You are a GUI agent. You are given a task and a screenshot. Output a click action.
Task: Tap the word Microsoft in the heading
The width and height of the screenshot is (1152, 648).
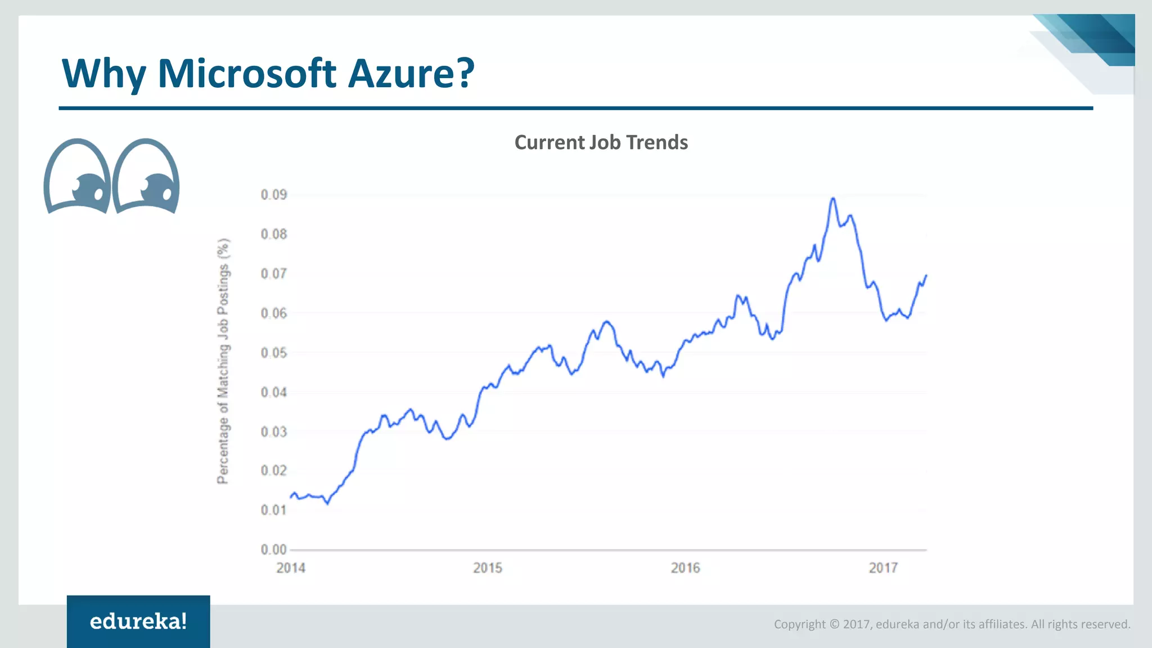(x=247, y=73)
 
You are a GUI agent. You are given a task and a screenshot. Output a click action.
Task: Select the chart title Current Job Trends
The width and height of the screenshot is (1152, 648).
(x=601, y=142)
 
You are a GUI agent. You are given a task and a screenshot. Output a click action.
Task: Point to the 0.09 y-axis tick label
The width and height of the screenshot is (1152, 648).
(x=273, y=195)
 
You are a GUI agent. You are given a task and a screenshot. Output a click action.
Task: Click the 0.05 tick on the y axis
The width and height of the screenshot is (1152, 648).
(x=273, y=353)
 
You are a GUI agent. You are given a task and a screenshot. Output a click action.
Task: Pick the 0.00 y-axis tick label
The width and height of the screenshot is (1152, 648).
(x=273, y=550)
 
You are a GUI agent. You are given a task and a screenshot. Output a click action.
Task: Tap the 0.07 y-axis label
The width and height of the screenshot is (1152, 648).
(x=273, y=274)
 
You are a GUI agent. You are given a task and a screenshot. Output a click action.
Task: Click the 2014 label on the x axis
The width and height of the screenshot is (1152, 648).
(x=291, y=568)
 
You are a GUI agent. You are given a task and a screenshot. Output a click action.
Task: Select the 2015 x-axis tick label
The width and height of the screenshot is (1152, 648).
(x=488, y=568)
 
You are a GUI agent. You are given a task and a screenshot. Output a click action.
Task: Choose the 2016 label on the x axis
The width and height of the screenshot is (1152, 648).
(x=685, y=568)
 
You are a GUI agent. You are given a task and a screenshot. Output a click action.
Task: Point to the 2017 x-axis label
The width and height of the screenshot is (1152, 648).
(x=883, y=568)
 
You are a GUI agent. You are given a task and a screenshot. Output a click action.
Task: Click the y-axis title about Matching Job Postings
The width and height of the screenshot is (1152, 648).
(x=223, y=361)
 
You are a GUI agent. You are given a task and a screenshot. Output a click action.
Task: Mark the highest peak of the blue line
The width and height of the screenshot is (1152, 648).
(x=833, y=199)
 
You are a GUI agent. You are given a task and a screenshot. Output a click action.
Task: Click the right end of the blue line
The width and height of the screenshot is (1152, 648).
(x=926, y=276)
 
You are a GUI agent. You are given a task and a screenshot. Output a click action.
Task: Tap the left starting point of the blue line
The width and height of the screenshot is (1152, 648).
(x=291, y=497)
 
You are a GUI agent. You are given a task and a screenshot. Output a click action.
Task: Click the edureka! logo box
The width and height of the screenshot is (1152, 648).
(x=138, y=621)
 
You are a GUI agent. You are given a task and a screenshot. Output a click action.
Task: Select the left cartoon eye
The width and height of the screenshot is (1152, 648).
(x=77, y=176)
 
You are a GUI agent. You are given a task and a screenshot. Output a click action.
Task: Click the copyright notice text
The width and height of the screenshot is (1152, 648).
(x=952, y=624)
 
